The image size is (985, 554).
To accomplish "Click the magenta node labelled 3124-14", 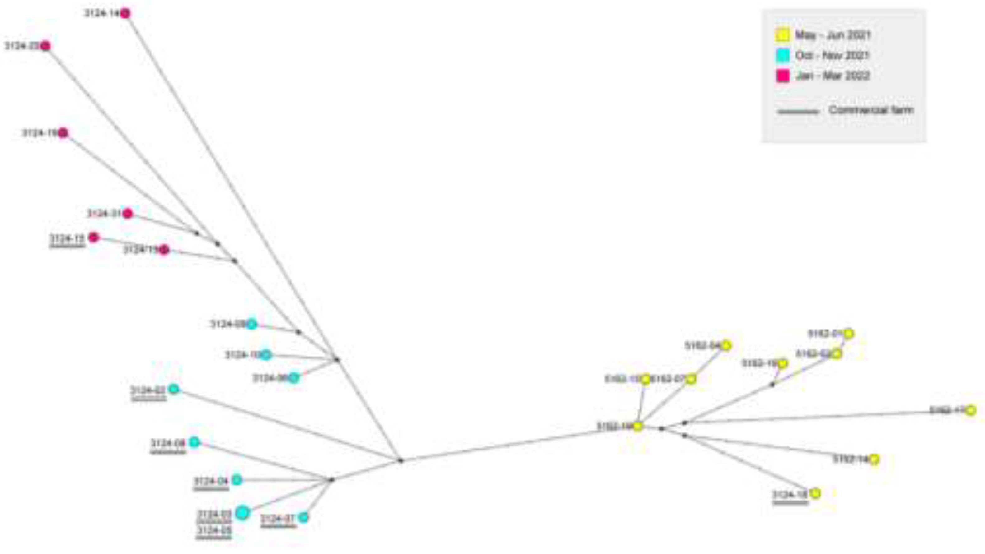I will [x=125, y=13].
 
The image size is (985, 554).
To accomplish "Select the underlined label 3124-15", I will [x=67, y=239].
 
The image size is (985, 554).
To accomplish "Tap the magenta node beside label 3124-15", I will [x=94, y=237].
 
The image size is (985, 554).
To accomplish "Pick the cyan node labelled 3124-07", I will [x=303, y=517].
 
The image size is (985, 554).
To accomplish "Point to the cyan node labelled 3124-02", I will [x=174, y=389].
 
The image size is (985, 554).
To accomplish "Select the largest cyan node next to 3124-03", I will [x=242, y=512].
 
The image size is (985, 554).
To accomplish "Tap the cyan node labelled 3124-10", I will [x=266, y=354].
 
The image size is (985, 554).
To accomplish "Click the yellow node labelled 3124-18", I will [x=815, y=493].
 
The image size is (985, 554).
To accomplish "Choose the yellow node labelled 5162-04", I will [x=726, y=345].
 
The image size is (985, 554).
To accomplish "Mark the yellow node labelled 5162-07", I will [x=691, y=379].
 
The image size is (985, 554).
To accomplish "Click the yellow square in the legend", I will [x=782, y=35].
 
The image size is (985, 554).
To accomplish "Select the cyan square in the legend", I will [x=782, y=55].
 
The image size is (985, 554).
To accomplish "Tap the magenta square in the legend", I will [x=782, y=76].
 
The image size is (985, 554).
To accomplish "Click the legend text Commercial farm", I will [x=871, y=110].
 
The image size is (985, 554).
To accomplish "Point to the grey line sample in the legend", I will [x=798, y=112].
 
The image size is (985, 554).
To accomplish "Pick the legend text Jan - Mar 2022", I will [x=833, y=76].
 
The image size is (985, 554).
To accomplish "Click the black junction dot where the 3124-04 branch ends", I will [x=331, y=480].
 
